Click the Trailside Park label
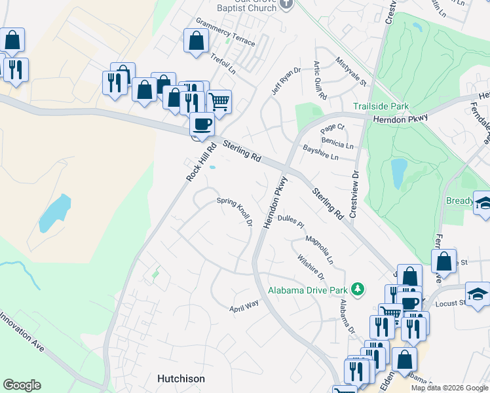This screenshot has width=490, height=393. pyautogui.click(x=381, y=106)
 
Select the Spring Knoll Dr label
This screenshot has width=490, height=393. pyautogui.click(x=235, y=211)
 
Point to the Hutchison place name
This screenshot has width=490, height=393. pyautogui.click(x=181, y=379)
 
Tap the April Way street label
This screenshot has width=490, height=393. pyautogui.click(x=244, y=305)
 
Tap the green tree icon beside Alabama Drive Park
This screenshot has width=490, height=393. pyautogui.click(x=357, y=289)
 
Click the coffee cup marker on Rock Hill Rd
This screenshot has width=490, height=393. pyautogui.click(x=202, y=124)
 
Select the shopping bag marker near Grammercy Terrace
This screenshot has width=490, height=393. pyautogui.click(x=196, y=41)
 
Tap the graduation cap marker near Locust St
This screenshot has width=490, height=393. pyautogui.click(x=478, y=295)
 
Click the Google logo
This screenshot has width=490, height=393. pyautogui.click(x=22, y=385)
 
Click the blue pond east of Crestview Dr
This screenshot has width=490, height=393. pyautogui.click(x=398, y=173)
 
